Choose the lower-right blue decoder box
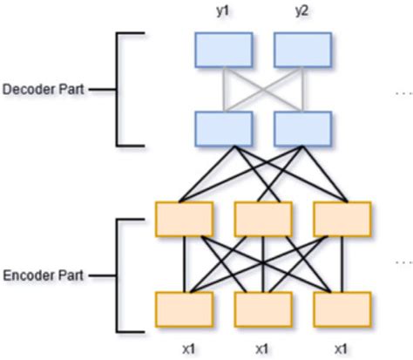click(x=301, y=127)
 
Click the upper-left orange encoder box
click(x=184, y=218)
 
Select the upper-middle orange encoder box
click(x=262, y=218)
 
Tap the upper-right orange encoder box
click(x=342, y=218)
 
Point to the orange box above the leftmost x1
click(x=184, y=309)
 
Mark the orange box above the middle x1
click(x=262, y=309)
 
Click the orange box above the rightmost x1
click(x=342, y=309)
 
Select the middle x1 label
click(x=262, y=348)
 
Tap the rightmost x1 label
click(x=342, y=348)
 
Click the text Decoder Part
click(x=42, y=89)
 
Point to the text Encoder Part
click(x=42, y=275)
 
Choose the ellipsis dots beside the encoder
click(x=403, y=262)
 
